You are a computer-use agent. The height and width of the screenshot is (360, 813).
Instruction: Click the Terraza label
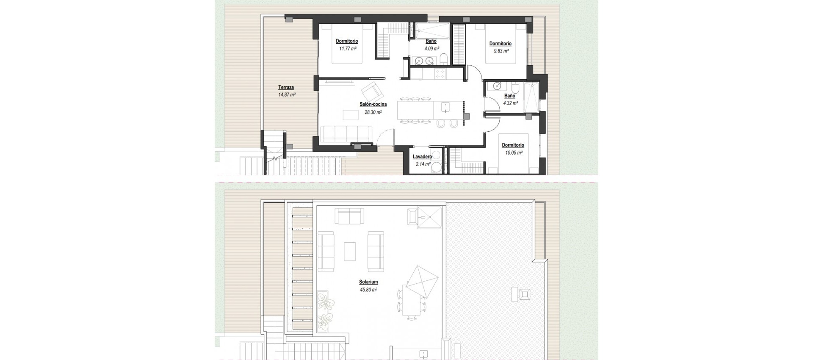pyautogui.click(x=286, y=88)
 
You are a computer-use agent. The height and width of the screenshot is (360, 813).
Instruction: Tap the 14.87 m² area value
pyautogui.click(x=287, y=95)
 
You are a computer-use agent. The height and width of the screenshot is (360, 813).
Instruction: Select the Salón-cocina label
pyautogui.click(x=373, y=105)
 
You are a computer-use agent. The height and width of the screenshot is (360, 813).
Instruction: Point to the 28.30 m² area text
pyautogui.click(x=373, y=112)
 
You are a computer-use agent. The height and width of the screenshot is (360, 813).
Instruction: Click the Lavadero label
pyautogui.click(x=422, y=157)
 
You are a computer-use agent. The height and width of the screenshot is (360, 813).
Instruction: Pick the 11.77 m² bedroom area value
pyautogui.click(x=347, y=49)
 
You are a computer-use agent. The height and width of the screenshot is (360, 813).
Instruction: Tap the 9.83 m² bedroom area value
pyautogui.click(x=500, y=51)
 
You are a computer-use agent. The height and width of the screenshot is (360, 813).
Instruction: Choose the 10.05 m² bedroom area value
pyautogui.click(x=513, y=152)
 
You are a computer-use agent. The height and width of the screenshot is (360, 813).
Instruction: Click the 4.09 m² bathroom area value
pyautogui.click(x=431, y=49)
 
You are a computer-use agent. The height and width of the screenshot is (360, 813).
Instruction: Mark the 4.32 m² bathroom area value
pyautogui.click(x=510, y=103)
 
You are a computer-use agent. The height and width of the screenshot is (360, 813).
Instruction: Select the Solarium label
pyautogui.click(x=368, y=282)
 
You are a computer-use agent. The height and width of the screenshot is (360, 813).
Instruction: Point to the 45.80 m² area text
pyautogui.click(x=368, y=290)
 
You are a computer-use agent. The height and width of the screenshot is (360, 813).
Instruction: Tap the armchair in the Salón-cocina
pyautogui.click(x=371, y=91)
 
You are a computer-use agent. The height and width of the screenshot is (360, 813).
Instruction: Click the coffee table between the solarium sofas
pyautogui.click(x=350, y=251)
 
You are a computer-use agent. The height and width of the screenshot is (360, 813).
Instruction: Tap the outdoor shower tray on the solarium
pyautogui.click(x=429, y=218)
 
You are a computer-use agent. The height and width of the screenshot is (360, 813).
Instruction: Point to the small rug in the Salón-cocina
pyautogui.click(x=350, y=115)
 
